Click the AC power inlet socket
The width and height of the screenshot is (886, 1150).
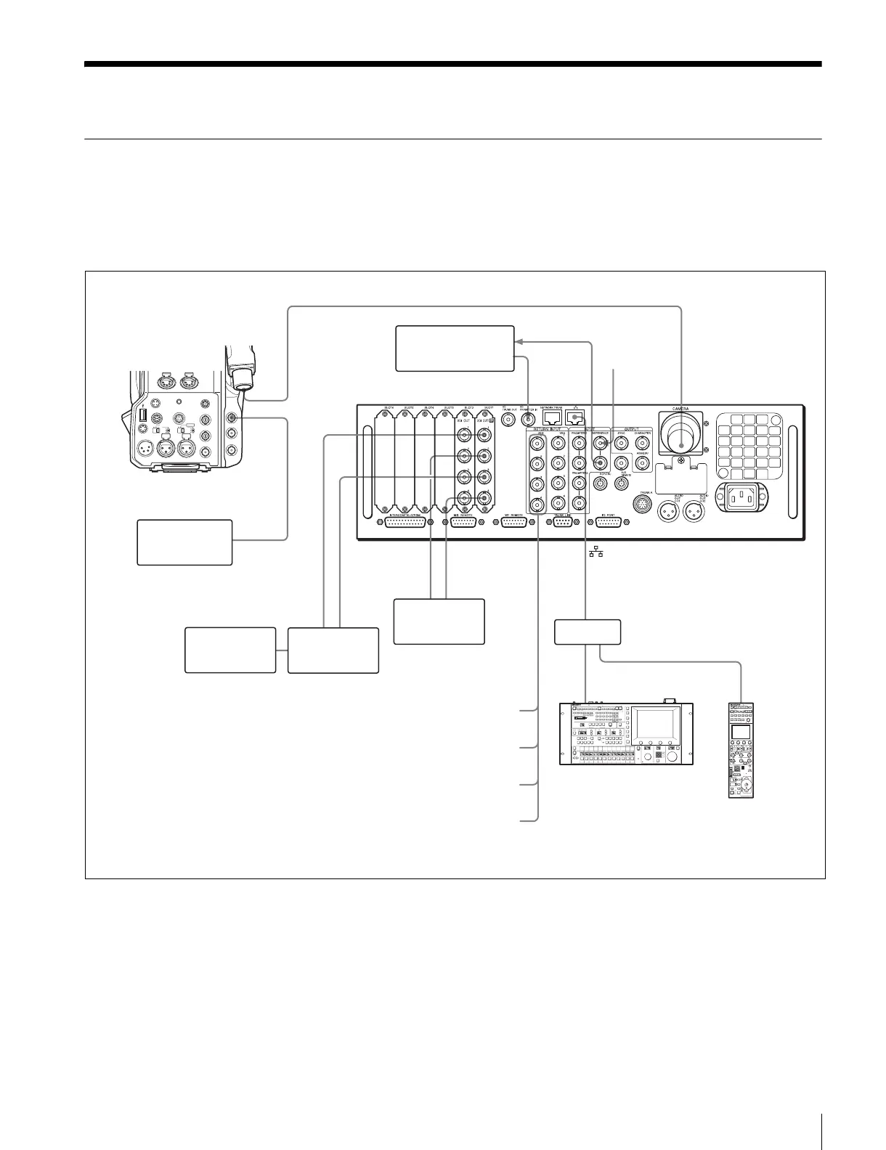741,498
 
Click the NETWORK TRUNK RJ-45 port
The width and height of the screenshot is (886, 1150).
553,424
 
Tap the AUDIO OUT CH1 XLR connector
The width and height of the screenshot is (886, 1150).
669,512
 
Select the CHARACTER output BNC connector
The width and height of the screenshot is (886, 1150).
642,442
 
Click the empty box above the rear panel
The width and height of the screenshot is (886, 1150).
455,348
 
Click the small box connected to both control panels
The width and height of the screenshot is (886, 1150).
588,632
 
